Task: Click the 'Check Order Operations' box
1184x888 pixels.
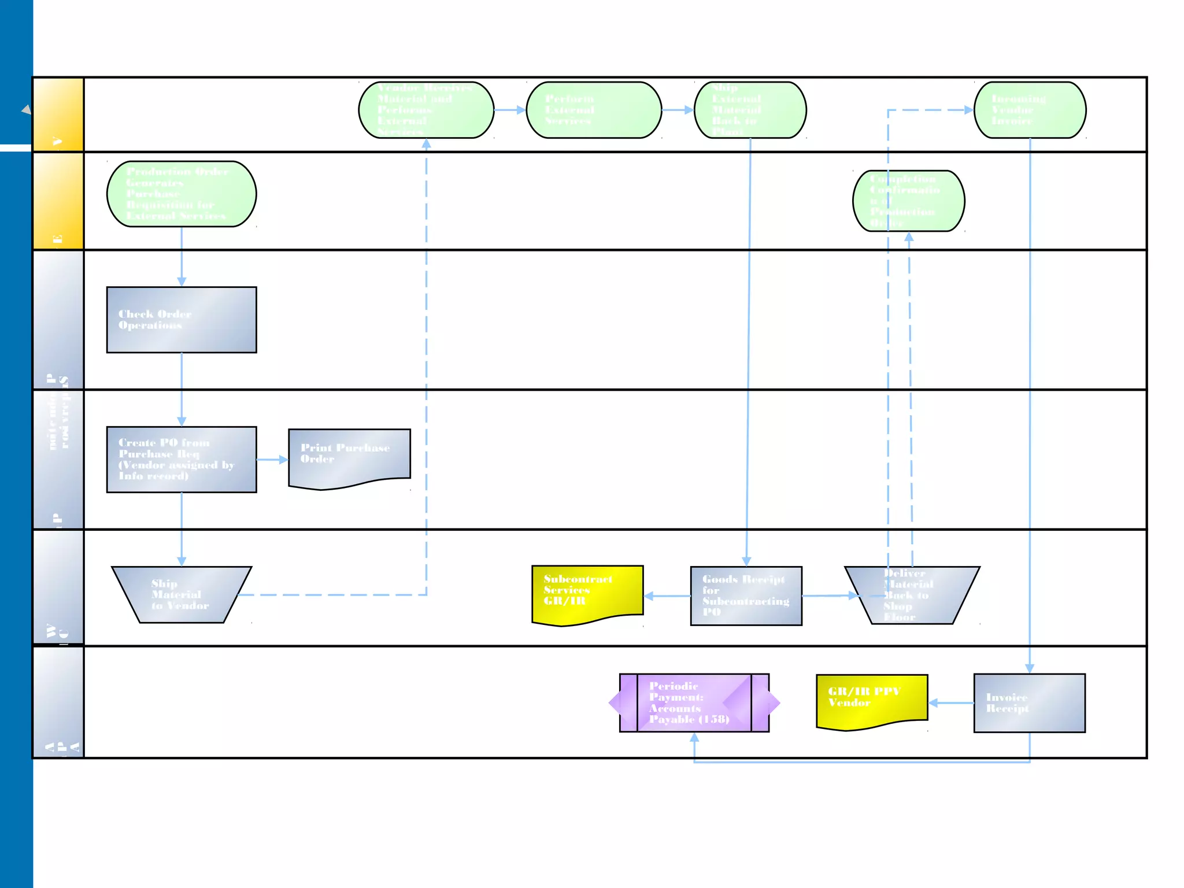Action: click(x=182, y=320)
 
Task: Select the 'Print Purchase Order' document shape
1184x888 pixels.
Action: click(x=349, y=457)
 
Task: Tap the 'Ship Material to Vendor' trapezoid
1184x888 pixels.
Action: click(x=182, y=594)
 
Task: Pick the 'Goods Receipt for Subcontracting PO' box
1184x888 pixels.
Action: click(x=746, y=595)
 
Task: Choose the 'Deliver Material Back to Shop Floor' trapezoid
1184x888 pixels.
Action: click(x=912, y=595)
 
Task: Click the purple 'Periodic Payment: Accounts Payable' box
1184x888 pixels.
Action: click(x=694, y=702)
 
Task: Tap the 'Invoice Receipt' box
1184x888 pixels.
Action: click(x=1029, y=703)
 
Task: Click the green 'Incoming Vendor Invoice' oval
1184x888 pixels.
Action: click(x=1030, y=110)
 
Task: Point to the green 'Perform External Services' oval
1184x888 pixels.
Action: click(x=594, y=110)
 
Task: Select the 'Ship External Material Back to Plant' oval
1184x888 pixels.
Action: click(x=750, y=110)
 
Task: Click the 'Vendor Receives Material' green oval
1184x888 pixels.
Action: click(x=426, y=110)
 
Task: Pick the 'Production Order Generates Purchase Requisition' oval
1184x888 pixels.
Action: click(x=182, y=194)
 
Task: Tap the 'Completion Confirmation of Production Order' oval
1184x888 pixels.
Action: click(x=908, y=201)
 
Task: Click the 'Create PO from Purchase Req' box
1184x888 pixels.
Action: click(x=182, y=460)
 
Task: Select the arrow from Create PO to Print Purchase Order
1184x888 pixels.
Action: click(x=272, y=460)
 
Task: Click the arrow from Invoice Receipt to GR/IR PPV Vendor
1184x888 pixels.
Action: click(x=951, y=703)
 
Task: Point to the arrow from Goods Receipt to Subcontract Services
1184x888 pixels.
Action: click(x=667, y=596)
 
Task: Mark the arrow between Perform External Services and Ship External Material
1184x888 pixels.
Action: click(x=678, y=110)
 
